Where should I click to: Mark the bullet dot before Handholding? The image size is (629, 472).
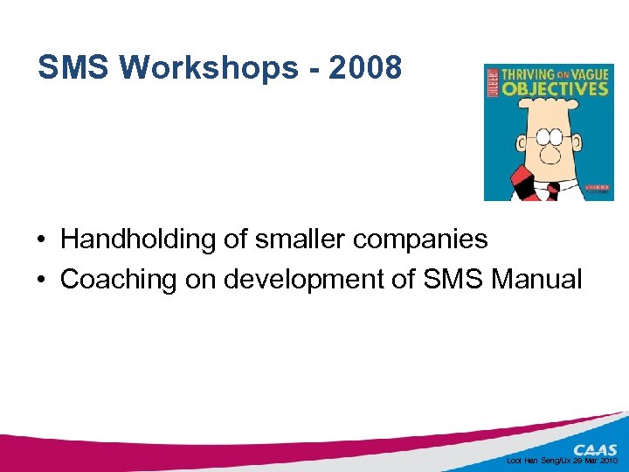42,239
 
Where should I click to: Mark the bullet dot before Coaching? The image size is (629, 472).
42,281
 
